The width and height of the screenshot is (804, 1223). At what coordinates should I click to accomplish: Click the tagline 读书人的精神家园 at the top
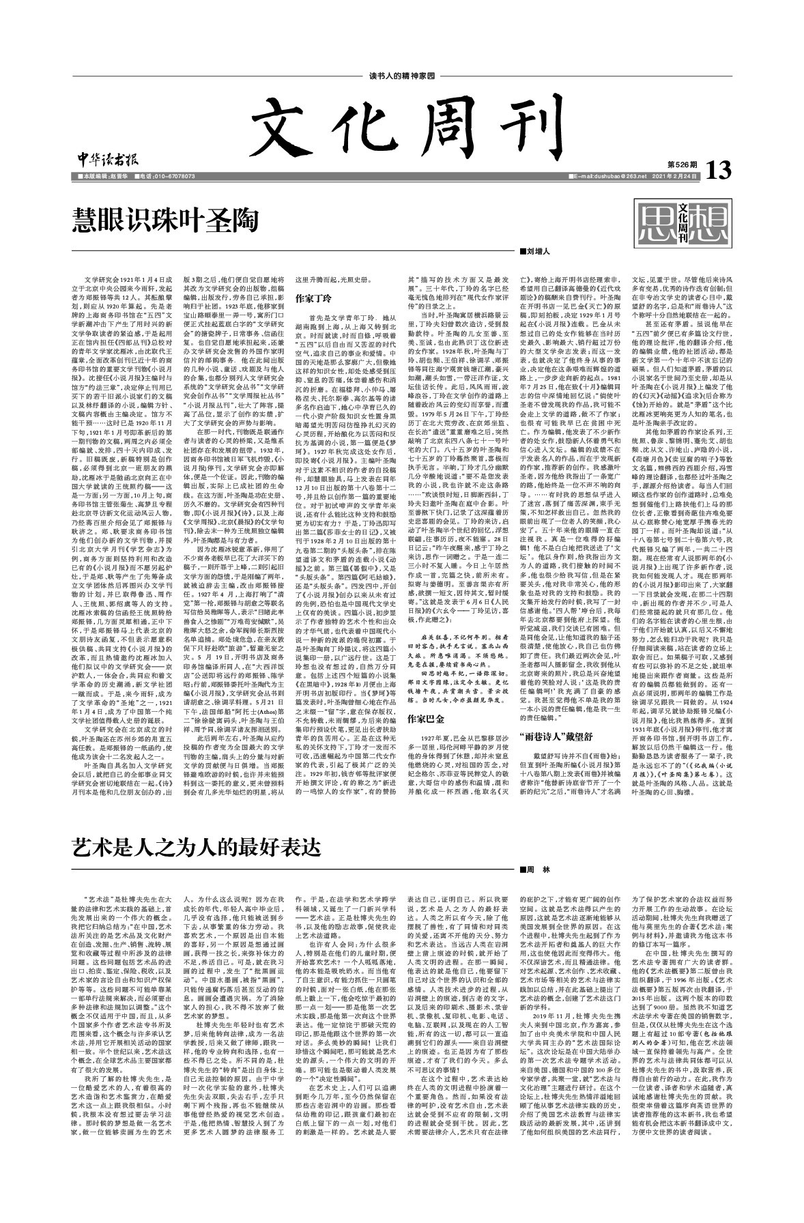(x=401, y=76)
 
